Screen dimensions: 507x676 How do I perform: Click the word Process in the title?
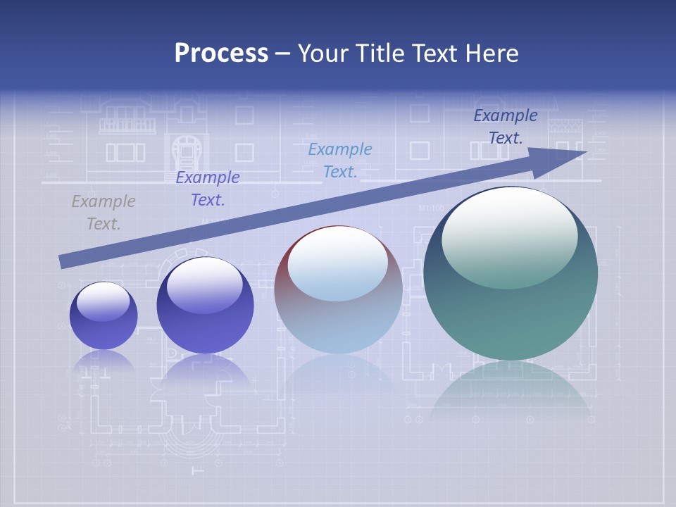pyautogui.click(x=221, y=54)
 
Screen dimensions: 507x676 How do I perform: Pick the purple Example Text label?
pyautogui.click(x=208, y=189)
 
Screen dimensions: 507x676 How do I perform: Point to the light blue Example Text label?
pyautogui.click(x=340, y=160)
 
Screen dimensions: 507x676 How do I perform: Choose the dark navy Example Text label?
pyautogui.click(x=506, y=127)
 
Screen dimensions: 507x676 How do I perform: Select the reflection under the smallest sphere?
pyautogui.click(x=104, y=361)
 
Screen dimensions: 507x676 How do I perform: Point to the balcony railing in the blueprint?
pyautogui.click(x=127, y=125)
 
